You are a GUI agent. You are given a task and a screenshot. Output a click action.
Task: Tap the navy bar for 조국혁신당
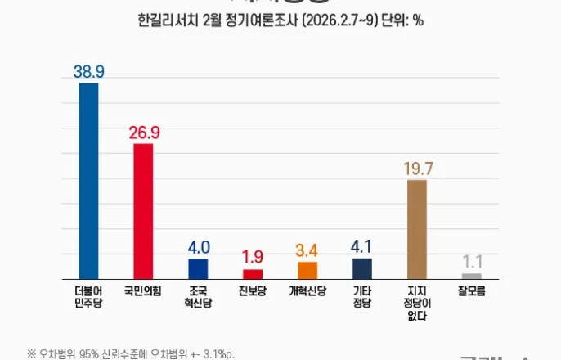198,268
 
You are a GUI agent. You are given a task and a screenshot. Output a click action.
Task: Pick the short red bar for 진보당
253,274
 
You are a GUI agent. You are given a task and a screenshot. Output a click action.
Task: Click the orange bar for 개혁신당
307,270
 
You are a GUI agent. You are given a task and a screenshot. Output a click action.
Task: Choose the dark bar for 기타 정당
362,268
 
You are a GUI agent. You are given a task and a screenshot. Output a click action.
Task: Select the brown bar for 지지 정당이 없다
417,229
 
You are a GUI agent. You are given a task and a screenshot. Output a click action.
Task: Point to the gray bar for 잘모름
472,276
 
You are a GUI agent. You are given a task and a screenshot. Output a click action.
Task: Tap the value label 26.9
143,133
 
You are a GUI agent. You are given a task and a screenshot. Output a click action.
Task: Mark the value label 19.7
417,169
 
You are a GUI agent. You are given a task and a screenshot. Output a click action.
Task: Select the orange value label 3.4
307,250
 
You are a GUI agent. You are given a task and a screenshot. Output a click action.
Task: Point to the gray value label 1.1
472,263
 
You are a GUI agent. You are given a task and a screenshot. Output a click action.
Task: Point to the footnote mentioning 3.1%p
131,353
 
